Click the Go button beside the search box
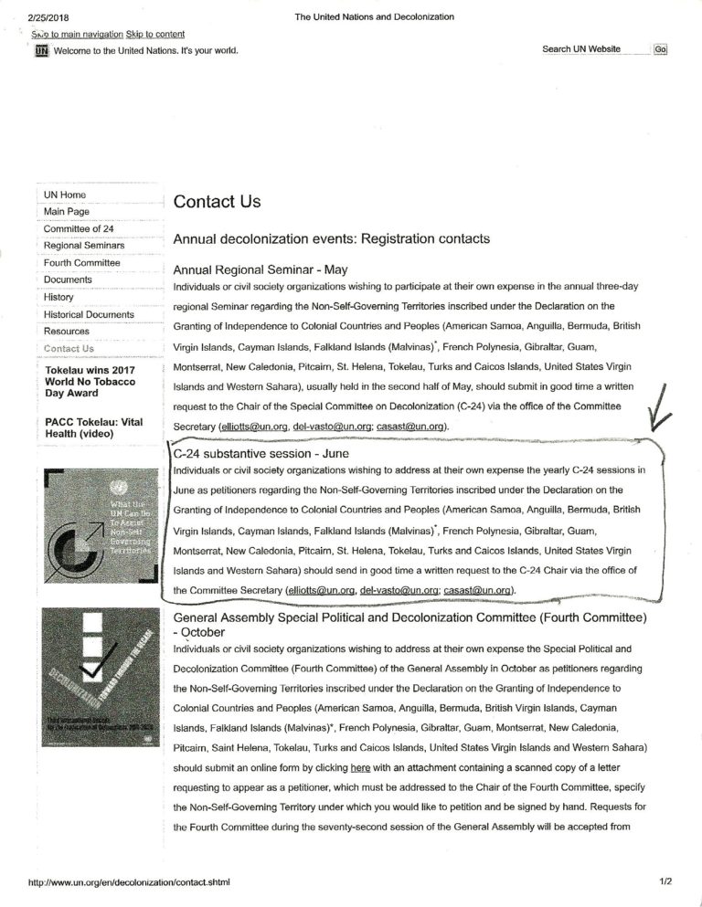[x=660, y=49]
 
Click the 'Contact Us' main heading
[x=217, y=201]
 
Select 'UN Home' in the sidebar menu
[x=65, y=195]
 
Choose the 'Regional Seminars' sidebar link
[x=82, y=246]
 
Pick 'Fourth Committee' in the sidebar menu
[x=81, y=263]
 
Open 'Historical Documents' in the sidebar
[x=89, y=314]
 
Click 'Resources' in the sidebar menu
[x=67, y=331]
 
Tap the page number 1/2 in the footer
[x=665, y=882]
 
